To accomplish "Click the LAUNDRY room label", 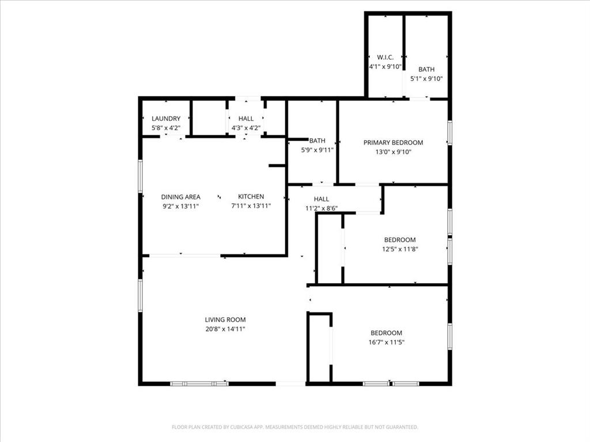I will pos(166,119).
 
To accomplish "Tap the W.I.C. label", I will pos(385,58).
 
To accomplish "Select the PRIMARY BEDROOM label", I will pos(393,143).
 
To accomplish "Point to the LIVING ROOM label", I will pos(225,320).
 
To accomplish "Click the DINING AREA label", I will pos(181,197).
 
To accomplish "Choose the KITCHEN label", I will pos(251,197).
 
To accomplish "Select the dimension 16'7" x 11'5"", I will pos(386,342).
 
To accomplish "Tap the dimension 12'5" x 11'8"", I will pos(400,249).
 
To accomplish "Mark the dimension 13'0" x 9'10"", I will pos(393,152).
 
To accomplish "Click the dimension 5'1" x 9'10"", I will pos(426,79).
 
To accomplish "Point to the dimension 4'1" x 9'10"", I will pos(385,67).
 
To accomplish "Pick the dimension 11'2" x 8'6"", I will pos(322,208).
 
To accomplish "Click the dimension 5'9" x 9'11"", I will pos(317,150).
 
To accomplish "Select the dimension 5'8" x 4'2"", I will pos(166,128).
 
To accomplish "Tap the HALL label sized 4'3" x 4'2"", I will pos(246,119).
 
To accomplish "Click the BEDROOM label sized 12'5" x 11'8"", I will pos(400,240).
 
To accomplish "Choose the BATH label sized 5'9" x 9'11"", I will pos(317,140).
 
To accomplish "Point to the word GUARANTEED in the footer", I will pos(400,427).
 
